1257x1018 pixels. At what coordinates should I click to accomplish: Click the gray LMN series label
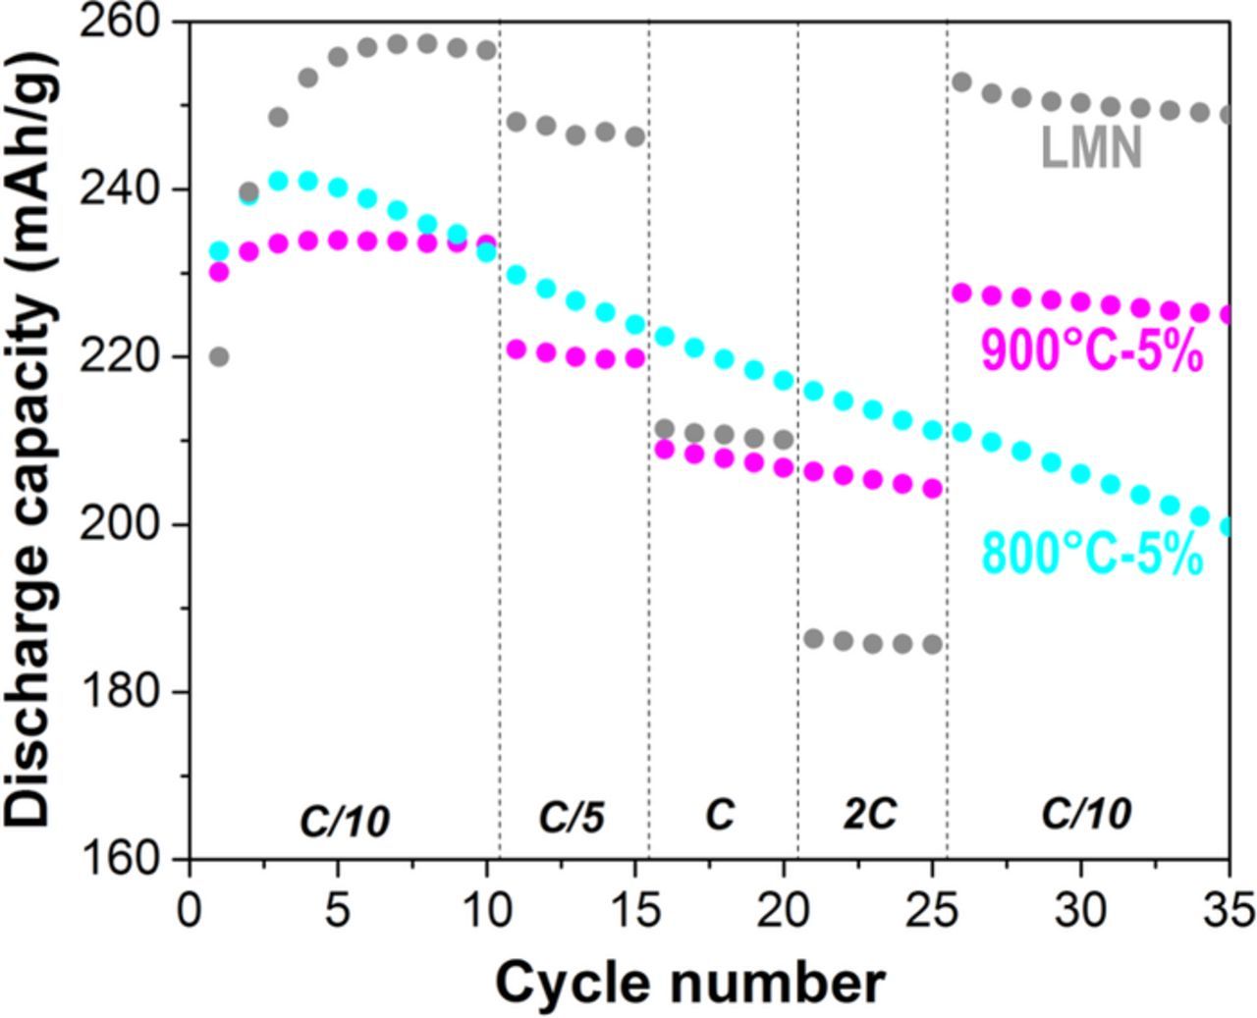[x=1091, y=151]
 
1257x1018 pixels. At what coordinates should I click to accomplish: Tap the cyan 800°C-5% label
[x=1092, y=555]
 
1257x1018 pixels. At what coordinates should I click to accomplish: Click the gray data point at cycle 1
[x=219, y=356]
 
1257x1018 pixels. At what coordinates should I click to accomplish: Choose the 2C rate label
[x=870, y=814]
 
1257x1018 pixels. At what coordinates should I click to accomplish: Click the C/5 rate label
[x=572, y=817]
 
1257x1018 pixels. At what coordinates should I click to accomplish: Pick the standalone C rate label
[x=720, y=814]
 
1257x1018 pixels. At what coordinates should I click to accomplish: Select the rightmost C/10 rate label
[x=1086, y=814]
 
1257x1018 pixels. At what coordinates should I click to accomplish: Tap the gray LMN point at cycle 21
[x=813, y=639]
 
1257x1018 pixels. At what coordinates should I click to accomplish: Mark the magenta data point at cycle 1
[x=219, y=272]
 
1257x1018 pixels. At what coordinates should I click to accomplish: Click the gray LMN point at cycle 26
[x=961, y=81]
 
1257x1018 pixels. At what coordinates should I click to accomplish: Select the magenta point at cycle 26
[x=961, y=293]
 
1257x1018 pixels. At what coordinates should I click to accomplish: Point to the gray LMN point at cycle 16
[x=665, y=429]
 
